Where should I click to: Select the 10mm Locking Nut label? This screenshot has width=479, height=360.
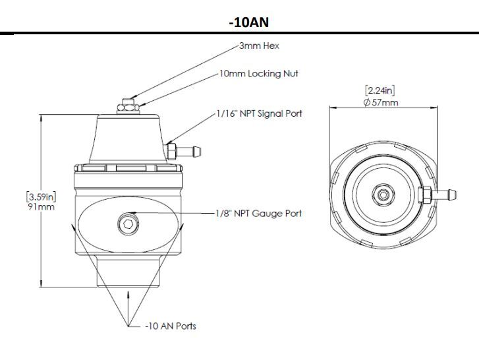(259, 74)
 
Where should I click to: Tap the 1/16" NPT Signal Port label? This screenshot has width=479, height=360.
(259, 114)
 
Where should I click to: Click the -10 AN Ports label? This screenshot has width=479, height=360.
(171, 326)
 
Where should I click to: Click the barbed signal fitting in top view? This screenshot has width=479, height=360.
(445, 195)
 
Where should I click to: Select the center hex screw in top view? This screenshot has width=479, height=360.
(383, 195)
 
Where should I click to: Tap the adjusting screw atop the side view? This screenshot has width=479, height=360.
(127, 104)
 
